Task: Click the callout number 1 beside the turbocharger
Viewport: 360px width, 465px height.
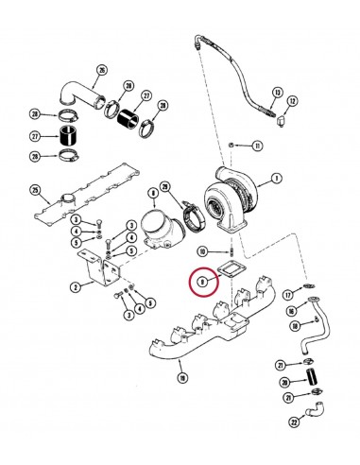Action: coord(276,178)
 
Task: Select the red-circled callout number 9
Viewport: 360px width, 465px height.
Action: coord(200,281)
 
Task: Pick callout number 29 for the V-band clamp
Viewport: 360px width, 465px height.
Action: coord(164,186)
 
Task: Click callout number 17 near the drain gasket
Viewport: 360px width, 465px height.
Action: coord(288,295)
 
